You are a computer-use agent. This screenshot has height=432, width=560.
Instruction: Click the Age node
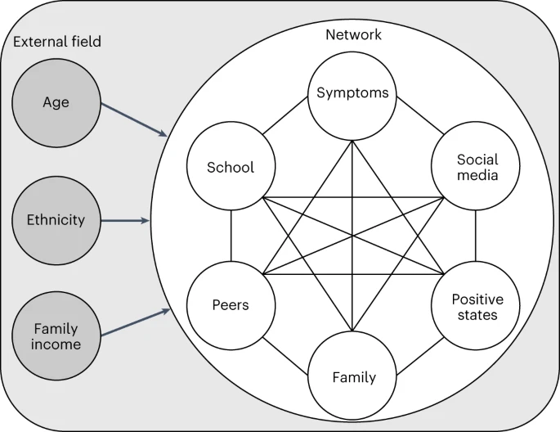56,103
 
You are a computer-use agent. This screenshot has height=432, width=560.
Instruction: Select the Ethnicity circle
56,220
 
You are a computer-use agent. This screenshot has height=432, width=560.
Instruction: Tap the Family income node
56,336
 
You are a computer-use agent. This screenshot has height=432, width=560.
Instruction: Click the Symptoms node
352,96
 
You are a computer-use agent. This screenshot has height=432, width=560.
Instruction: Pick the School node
231,166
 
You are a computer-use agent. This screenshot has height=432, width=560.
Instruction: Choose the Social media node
475,166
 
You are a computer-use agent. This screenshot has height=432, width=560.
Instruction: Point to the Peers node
231,305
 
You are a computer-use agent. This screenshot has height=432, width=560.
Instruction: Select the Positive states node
475,305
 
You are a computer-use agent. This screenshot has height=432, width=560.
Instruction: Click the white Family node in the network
352,376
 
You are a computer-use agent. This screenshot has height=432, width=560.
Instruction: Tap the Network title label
353,34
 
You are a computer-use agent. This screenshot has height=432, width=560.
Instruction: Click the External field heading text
57,42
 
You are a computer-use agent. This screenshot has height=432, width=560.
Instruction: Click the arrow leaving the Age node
134,119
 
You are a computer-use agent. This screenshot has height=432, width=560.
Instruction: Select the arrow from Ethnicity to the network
125,221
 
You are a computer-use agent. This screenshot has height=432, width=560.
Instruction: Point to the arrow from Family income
136,322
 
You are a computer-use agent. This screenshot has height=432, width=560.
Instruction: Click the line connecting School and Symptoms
285,115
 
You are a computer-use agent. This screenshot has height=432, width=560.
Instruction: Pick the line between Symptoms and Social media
420,115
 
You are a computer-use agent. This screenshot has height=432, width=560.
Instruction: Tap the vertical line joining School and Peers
231,236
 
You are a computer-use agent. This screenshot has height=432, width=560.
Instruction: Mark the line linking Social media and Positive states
475,236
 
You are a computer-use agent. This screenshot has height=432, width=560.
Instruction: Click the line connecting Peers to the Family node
285,356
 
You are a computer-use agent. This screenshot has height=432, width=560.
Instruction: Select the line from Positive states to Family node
420,356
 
